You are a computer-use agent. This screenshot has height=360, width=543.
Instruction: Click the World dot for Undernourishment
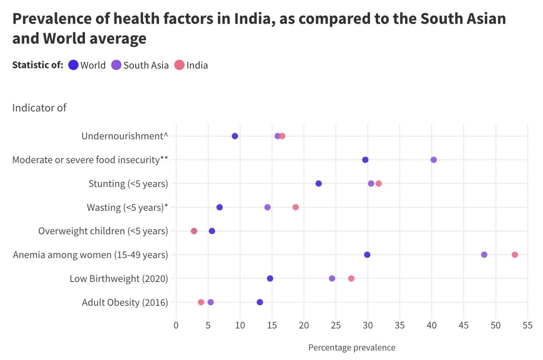235,136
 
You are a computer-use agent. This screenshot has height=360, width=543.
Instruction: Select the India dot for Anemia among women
515,255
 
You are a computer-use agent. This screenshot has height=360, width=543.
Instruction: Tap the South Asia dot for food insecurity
434,160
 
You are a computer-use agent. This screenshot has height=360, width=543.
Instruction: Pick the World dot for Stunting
318,184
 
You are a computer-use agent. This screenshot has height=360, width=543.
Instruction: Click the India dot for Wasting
295,207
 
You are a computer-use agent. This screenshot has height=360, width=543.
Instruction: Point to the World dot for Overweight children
212,231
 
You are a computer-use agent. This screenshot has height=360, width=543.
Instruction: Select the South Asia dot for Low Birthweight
332,279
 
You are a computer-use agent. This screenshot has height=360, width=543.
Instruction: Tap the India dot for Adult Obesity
201,302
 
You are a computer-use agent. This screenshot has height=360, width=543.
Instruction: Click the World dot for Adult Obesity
260,302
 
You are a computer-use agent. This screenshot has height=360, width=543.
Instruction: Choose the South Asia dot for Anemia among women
484,255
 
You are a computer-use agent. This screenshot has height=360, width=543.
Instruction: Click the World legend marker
73,65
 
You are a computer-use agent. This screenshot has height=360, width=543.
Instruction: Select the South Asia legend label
146,65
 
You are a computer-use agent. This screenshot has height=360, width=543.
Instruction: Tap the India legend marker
179,65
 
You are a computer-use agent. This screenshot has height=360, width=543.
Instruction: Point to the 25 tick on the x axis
336,326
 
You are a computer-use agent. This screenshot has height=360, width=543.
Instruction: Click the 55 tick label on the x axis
528,326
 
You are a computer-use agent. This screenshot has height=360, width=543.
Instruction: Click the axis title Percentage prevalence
351,348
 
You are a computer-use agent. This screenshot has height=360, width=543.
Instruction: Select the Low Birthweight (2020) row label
119,279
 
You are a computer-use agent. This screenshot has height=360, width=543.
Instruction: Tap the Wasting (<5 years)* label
127,207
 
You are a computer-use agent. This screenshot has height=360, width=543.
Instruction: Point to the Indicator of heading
39,108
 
